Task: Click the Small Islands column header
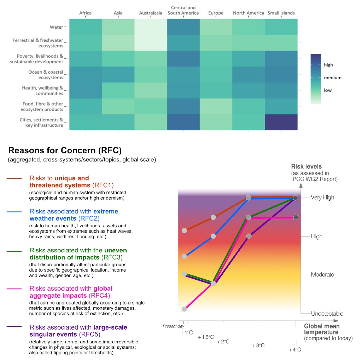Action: tap(281, 13)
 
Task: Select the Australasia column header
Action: tap(151, 13)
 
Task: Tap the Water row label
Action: tap(56, 27)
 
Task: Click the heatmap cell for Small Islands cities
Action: tap(281, 122)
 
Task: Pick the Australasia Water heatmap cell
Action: tap(151, 27)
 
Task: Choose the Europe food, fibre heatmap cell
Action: tap(216, 107)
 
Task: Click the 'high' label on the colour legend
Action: tap(328, 65)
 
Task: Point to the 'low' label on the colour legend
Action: tap(328, 90)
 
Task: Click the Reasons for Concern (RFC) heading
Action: tap(65, 150)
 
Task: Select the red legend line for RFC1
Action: tap(14, 178)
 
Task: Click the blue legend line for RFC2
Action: tap(14, 212)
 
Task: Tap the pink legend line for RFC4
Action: tap(14, 289)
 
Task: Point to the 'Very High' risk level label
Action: tap(322, 198)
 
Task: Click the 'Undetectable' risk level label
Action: tap(327, 313)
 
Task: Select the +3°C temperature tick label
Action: tap(258, 345)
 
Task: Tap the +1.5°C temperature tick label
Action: tap(206, 337)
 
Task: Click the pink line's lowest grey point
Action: tap(184, 309)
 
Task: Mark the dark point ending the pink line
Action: tap(296, 217)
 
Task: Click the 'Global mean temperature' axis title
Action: tap(322, 329)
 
